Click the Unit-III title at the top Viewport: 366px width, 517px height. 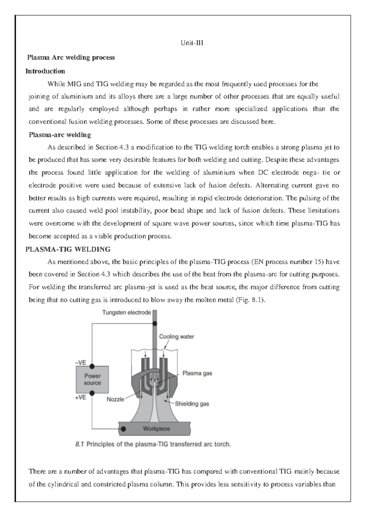click(192, 43)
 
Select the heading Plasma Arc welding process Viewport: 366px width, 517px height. click(71, 58)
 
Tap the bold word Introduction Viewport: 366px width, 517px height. click(45, 71)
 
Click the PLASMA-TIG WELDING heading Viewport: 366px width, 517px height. click(68, 249)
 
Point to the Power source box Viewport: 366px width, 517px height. click(92, 380)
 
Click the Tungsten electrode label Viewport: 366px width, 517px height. click(126, 312)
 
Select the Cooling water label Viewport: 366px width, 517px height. click(176, 337)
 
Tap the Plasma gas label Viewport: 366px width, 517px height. click(197, 373)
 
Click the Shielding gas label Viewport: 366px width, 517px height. click(192, 404)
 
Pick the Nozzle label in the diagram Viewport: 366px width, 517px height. click(115, 399)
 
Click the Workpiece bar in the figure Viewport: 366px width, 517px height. click(156, 429)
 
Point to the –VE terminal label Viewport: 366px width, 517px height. click(81, 363)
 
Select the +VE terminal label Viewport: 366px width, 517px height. click(81, 398)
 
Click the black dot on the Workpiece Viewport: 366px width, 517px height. click(124, 429)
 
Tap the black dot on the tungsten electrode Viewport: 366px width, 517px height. click(155, 324)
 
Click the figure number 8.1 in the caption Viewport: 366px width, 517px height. click(79, 444)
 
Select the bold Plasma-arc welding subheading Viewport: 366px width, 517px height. click(60, 135)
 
